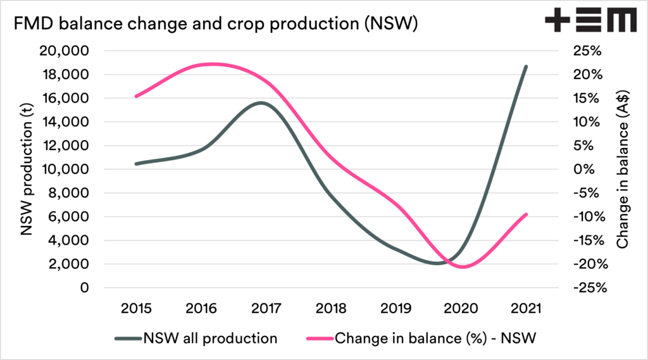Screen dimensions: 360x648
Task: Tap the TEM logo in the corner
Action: coord(590,22)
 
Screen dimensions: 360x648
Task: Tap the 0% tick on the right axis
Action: coord(580,170)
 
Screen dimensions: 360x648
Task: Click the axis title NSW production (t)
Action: coord(27,169)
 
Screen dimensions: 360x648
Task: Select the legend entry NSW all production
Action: coord(196,338)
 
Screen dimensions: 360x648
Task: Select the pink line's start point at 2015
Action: coord(136,96)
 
